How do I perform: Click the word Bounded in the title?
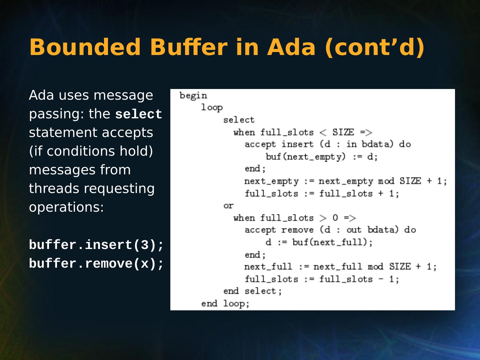(85, 47)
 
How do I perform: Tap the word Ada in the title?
(291, 47)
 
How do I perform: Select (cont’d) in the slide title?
(375, 47)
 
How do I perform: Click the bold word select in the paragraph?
(138, 115)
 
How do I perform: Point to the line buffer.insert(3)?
(96, 245)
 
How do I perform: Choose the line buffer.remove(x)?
(96, 264)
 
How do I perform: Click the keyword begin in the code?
(193, 96)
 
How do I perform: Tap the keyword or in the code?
(228, 206)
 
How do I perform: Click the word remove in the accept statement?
(297, 230)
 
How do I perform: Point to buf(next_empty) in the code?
(305, 157)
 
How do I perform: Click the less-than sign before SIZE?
(323, 133)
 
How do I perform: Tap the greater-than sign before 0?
(323, 218)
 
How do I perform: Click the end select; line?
(253, 291)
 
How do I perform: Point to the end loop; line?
(225, 304)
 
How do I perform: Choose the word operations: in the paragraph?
(66, 207)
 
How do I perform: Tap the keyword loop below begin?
(212, 108)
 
